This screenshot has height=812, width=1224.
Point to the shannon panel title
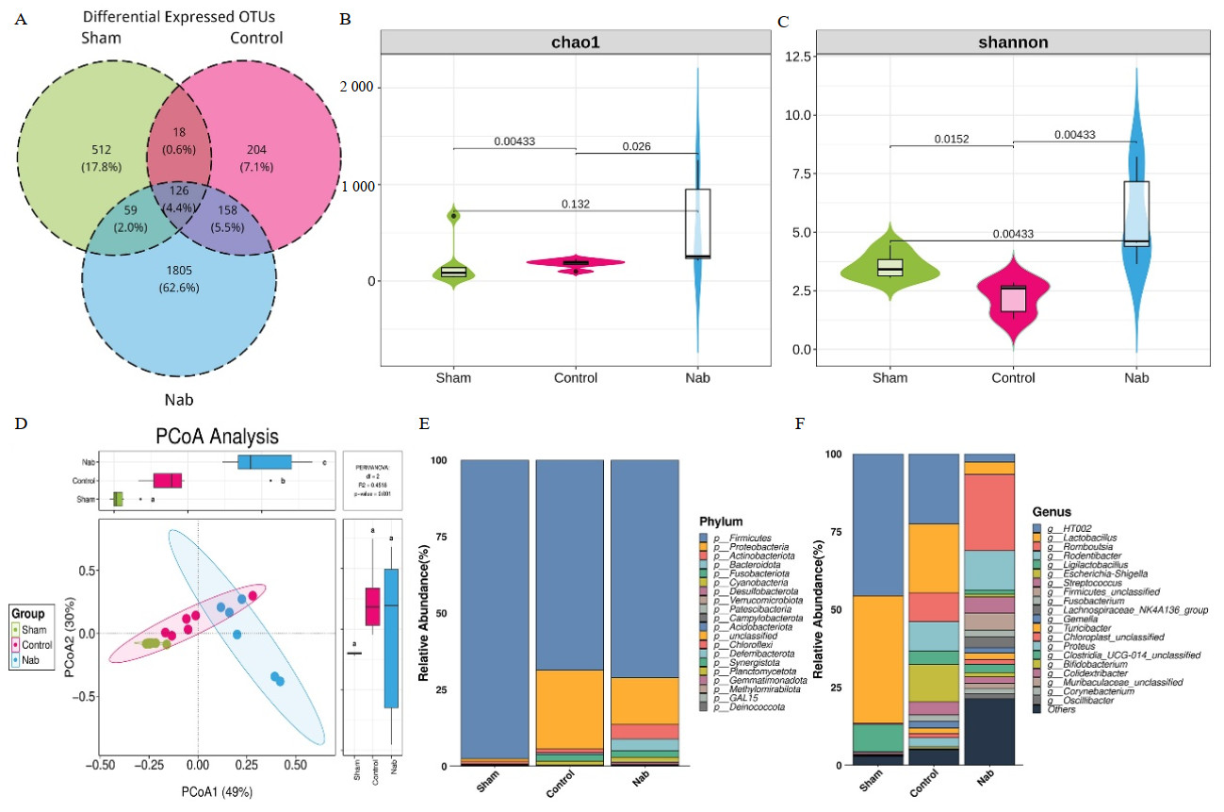tap(1012, 42)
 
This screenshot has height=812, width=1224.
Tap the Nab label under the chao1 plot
tap(698, 378)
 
